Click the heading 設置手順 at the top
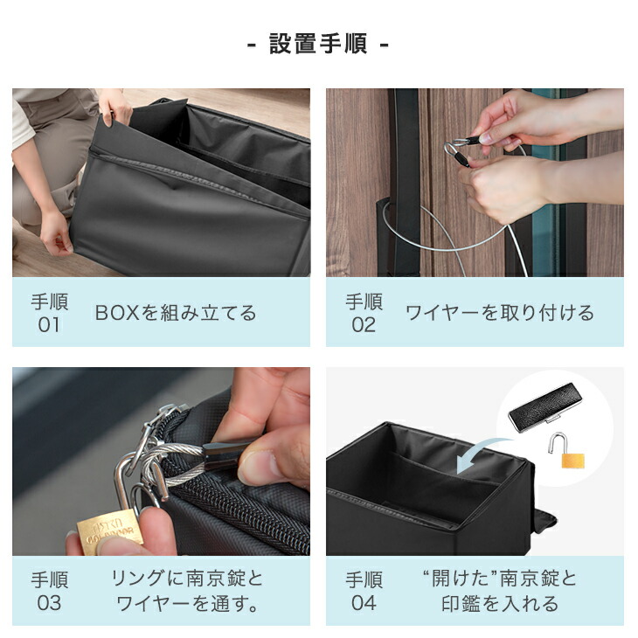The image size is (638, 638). click(318, 45)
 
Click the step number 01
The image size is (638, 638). click(49, 325)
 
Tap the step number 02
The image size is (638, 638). click(364, 325)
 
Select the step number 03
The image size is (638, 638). click(49, 603)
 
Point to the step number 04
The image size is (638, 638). click(364, 603)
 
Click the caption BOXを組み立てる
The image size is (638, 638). click(176, 313)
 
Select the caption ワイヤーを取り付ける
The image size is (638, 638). click(499, 313)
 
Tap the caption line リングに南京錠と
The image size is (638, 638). click(187, 579)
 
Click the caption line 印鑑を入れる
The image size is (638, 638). click(499, 603)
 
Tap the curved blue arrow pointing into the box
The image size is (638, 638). click(479, 454)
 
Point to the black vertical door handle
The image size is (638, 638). click(405, 175)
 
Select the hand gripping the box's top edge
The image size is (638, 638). click(114, 107)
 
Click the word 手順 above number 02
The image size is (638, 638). click(364, 302)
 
